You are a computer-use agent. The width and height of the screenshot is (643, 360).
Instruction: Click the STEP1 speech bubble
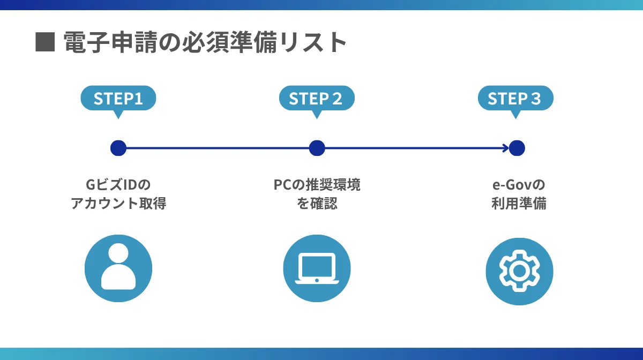(x=118, y=99)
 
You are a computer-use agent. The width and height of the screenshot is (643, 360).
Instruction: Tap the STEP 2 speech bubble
(x=317, y=99)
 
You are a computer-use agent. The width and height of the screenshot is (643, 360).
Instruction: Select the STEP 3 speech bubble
(x=515, y=99)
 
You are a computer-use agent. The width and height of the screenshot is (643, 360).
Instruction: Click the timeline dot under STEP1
(x=118, y=148)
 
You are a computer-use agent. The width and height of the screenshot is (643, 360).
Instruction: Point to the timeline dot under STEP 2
(x=317, y=148)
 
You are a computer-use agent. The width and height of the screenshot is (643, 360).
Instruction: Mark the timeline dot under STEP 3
(x=517, y=148)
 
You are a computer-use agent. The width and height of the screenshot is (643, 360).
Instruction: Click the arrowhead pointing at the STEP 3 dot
(x=505, y=148)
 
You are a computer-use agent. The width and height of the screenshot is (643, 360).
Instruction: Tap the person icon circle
(x=118, y=268)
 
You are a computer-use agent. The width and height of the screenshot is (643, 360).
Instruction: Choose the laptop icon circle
(x=317, y=268)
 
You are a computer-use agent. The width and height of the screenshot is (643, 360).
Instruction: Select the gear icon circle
(x=519, y=271)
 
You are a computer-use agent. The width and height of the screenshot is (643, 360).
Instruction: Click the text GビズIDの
(x=118, y=185)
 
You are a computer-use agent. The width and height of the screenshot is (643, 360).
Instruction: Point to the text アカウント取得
(x=118, y=204)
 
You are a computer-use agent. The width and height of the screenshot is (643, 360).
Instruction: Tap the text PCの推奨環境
(x=317, y=185)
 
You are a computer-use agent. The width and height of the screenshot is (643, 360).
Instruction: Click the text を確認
(x=317, y=204)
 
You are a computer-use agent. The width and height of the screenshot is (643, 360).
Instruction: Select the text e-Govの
(x=519, y=185)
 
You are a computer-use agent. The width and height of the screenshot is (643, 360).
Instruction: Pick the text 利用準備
(x=519, y=204)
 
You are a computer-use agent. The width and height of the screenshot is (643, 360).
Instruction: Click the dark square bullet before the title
(x=45, y=42)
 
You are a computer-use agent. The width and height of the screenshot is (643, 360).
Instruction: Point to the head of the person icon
(x=118, y=253)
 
